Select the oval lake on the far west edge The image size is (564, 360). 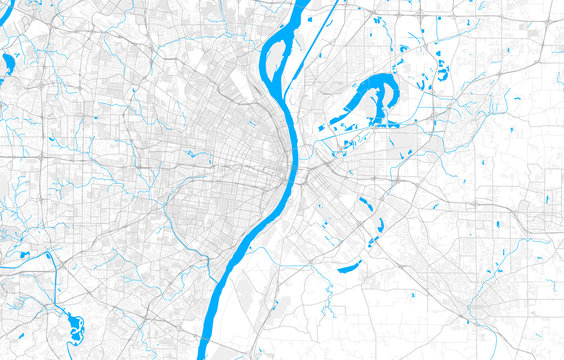8,66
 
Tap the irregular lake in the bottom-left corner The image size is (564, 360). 71,325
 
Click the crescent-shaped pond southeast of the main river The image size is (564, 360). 349,267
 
